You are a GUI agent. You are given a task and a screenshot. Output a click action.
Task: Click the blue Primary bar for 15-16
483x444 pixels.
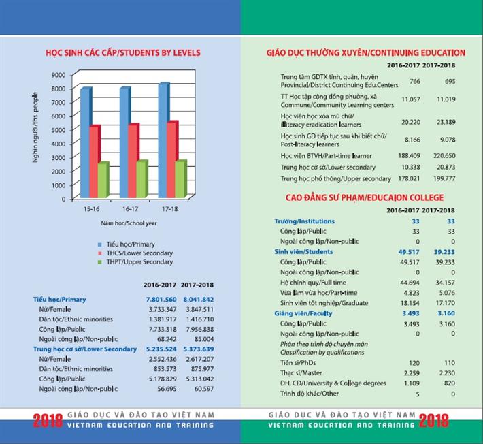(x=86, y=143)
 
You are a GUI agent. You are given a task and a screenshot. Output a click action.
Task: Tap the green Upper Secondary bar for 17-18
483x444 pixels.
(x=180, y=180)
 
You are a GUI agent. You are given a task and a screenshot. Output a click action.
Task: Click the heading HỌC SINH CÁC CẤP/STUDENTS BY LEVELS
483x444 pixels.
(x=122, y=52)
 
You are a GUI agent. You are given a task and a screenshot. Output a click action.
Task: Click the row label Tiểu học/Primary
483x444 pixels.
(x=60, y=300)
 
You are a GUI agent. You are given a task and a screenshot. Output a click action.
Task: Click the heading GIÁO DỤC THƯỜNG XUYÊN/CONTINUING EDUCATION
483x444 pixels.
(x=366, y=52)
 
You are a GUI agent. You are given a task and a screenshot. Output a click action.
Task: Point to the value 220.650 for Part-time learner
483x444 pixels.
(x=437, y=155)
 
